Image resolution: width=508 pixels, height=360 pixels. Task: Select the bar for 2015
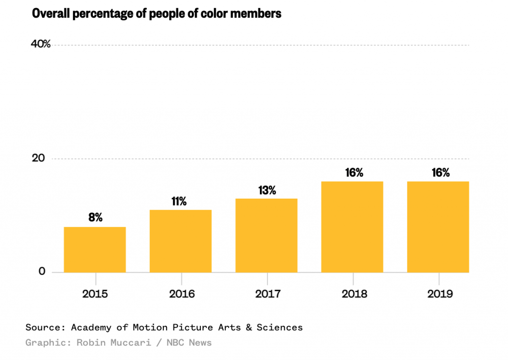pos(95,249)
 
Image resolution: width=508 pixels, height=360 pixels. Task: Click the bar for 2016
pos(181,241)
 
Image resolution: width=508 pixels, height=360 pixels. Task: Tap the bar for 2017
pos(266,235)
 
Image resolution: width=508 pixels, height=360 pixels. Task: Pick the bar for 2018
pos(352,227)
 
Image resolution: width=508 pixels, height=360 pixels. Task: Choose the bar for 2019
pos(438,227)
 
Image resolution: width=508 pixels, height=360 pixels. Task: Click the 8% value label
pos(95,217)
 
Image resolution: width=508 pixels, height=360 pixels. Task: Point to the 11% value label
pos(179,201)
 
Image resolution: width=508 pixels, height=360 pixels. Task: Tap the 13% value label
pos(266,190)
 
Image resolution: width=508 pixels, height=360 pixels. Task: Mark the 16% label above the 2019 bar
pos(440,173)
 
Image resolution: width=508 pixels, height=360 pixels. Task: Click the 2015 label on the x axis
pos(95,294)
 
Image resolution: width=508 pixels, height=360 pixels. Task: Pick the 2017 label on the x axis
pos(267,294)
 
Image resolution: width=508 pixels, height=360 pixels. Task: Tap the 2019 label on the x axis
pos(440,294)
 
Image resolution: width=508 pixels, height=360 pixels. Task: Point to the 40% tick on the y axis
pos(41,44)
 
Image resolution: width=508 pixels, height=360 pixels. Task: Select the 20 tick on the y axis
pos(38,158)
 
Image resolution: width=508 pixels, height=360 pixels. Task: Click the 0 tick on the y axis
pos(42,272)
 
